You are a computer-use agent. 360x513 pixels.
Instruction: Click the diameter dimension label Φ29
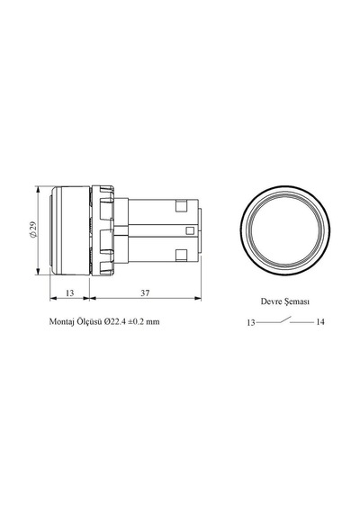point(32,229)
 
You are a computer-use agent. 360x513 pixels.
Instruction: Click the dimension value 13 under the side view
point(69,292)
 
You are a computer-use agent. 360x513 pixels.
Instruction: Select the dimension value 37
point(145,292)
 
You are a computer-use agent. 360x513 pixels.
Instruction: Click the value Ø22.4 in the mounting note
point(115,321)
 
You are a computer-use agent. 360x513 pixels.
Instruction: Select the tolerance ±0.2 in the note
point(137,321)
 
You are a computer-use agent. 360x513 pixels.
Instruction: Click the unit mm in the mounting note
point(153,322)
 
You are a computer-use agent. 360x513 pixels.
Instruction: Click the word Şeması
point(296,301)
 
